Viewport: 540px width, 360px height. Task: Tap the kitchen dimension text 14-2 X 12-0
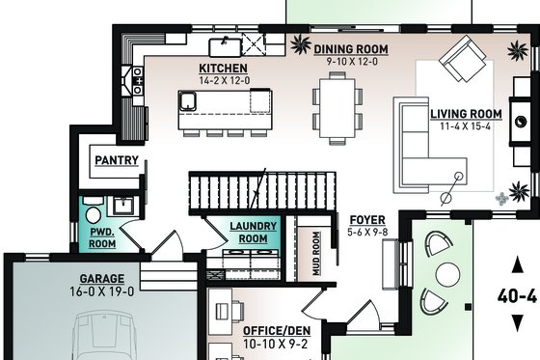pos(224,81)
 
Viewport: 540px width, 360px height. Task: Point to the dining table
pos(337,107)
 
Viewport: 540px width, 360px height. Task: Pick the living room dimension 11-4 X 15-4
pos(464,125)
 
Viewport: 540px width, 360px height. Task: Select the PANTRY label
pos(116,161)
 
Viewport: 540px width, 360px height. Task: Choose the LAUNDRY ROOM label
pos(253,233)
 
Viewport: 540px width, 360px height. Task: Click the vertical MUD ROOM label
pos(314,253)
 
